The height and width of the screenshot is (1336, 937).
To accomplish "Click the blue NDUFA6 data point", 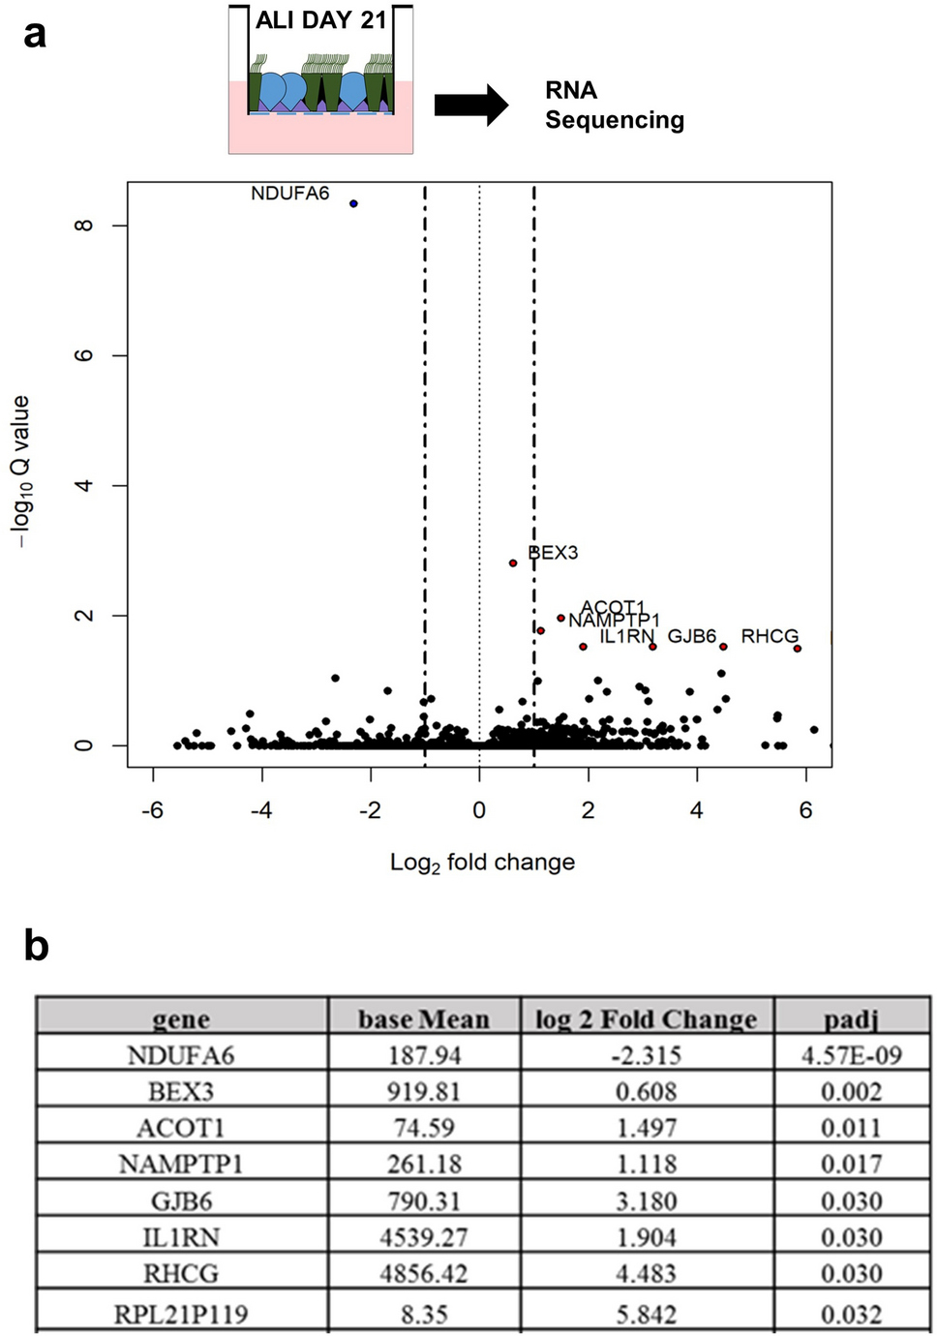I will click(353, 203).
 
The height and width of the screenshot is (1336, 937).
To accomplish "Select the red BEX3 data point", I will click(513, 563).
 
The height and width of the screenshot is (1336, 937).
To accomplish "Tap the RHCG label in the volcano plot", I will click(770, 636).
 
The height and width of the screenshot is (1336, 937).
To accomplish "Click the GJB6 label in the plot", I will click(692, 636).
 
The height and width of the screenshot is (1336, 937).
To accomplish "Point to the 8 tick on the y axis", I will click(84, 226).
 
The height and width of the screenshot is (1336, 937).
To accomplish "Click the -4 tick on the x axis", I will click(261, 810).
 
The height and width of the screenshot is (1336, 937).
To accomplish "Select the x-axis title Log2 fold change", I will click(482, 863).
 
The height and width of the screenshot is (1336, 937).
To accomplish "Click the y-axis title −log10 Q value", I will click(21, 471).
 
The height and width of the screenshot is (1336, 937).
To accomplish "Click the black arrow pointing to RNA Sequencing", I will click(470, 105).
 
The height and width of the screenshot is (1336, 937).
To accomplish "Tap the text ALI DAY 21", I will click(320, 20).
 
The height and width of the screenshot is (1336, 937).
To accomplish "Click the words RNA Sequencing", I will click(614, 105).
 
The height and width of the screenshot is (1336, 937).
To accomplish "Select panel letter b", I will click(36, 945).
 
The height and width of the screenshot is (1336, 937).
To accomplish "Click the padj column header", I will click(851, 1018).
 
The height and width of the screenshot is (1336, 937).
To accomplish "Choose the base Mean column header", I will click(424, 1018).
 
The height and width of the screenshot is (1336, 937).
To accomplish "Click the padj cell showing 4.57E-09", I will click(851, 1054).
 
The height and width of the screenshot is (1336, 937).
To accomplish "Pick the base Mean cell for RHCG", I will click(424, 1273).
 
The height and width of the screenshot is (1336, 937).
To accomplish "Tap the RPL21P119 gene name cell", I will click(181, 1314).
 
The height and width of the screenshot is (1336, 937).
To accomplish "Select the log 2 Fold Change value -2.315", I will click(647, 1054).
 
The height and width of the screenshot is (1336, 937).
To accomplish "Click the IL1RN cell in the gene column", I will click(181, 1237).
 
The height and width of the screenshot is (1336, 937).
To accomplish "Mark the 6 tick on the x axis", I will click(805, 810).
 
